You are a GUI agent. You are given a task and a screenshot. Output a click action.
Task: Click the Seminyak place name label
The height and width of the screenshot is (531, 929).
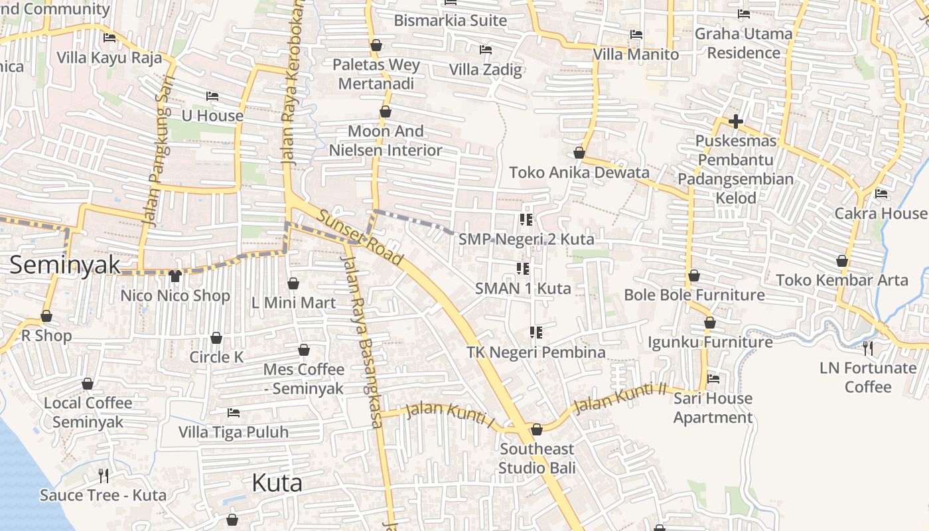pos(65,265)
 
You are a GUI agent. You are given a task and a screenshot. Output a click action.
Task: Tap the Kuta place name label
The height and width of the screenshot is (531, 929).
pos(277,483)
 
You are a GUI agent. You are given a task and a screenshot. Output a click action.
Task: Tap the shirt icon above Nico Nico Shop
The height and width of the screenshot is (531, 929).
pos(175,275)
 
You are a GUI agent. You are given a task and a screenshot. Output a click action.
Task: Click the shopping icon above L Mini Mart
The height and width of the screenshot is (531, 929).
pos(293,283)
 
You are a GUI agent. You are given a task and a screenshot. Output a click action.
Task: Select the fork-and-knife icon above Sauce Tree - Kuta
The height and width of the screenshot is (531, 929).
pos(103,475)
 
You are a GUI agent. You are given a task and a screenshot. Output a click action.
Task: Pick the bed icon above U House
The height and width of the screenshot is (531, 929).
pos(212,96)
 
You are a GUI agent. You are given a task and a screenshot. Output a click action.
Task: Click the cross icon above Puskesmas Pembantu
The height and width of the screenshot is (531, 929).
pos(735,121)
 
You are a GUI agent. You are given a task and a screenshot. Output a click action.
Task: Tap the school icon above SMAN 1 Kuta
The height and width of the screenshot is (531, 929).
pos(523,269)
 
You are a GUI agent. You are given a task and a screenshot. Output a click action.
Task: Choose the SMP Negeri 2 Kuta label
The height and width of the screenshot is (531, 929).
pos(526,239)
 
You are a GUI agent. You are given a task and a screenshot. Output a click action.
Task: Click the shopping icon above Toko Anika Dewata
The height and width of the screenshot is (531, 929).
pos(579,153)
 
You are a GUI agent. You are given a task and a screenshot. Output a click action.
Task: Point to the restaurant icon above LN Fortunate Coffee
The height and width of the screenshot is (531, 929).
pos(867,348)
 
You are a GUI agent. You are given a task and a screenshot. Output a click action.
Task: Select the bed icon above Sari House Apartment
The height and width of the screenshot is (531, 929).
pos(713,378)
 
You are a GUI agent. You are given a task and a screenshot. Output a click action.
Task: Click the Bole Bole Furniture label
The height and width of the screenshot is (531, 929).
pos(694,295)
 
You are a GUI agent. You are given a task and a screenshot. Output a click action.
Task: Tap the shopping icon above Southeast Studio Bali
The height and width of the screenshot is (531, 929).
pos(537,429)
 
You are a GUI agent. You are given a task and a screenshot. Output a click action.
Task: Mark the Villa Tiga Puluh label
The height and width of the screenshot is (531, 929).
pos(234,432)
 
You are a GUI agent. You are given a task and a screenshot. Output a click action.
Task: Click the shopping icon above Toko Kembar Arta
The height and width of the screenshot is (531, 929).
pos(842,261)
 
